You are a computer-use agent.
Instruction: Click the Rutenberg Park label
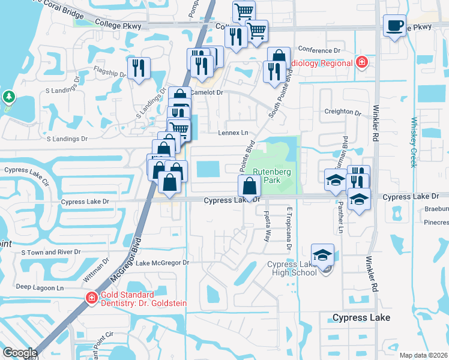pos(271,175)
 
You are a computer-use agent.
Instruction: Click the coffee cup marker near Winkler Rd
pos(394,26)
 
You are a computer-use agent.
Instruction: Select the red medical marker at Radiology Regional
pos(362,62)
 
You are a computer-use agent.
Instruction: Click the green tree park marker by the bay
pos(8,97)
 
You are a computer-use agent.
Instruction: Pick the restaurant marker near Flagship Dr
pos(139,68)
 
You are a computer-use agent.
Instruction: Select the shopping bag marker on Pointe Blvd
pos(249,186)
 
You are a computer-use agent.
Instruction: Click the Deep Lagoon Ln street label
pos(40,287)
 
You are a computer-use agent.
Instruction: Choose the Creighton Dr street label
pos(343,112)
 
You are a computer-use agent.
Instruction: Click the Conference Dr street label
pos(319,50)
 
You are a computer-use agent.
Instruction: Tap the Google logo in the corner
pos(19,352)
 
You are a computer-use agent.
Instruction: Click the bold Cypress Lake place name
pos(361,317)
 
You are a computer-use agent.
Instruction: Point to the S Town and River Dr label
pos(51,253)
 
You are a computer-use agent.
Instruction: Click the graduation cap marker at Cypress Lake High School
pos(322,254)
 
